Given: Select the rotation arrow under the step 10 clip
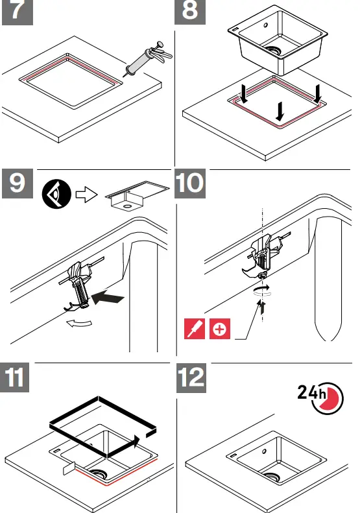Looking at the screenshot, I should [x=262, y=292].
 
